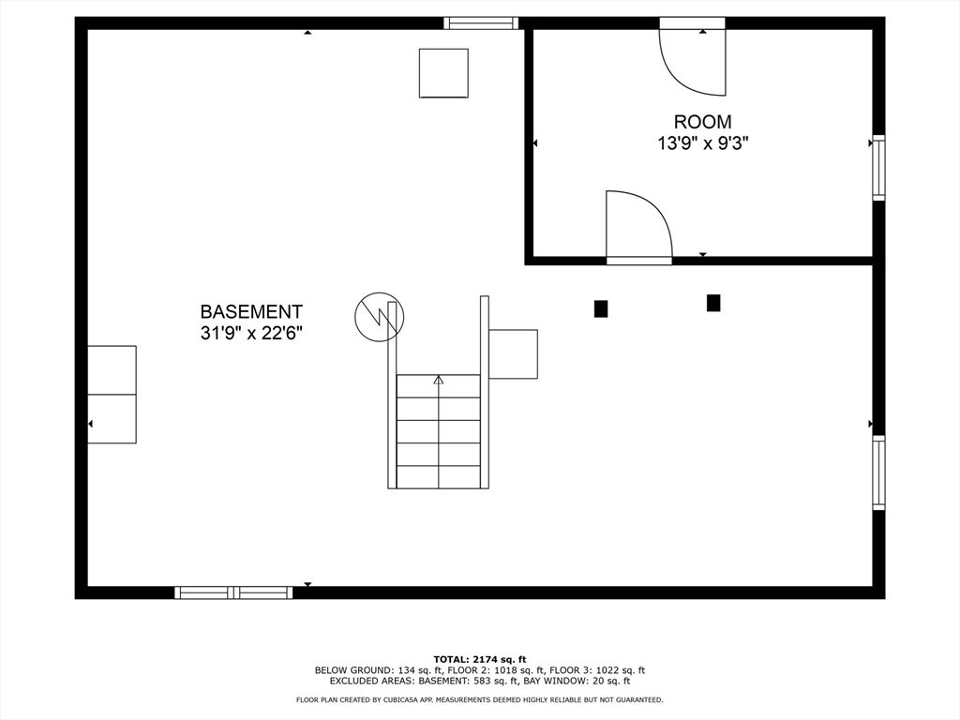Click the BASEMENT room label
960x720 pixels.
click(251, 311)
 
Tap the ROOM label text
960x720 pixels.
click(702, 122)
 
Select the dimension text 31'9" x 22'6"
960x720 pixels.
click(251, 333)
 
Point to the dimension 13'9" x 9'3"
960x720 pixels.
click(702, 143)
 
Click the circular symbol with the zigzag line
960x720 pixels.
click(380, 317)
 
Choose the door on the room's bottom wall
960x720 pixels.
click(638, 227)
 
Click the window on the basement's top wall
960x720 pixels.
click(481, 23)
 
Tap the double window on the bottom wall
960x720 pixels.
click(233, 592)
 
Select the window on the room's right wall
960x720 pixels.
click(878, 168)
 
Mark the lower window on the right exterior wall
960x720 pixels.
click(878, 472)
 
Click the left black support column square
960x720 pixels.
click(601, 307)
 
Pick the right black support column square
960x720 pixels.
click(713, 303)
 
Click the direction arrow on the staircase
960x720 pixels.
click(438, 380)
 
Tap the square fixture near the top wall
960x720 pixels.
click(443, 73)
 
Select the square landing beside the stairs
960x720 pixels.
click(513, 353)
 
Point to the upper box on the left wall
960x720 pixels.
click(112, 369)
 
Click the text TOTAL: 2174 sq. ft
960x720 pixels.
click(479, 659)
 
